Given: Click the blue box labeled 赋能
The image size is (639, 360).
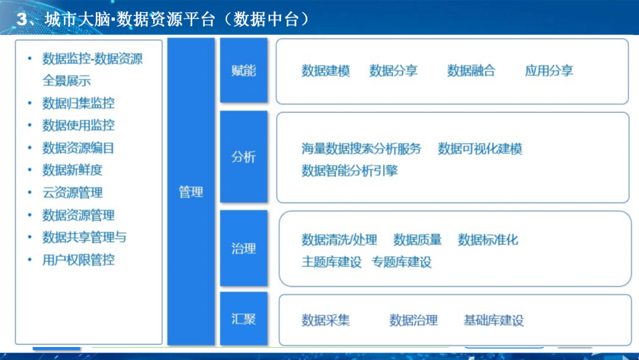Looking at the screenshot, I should [244, 70].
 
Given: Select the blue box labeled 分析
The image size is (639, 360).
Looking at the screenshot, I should [244, 157].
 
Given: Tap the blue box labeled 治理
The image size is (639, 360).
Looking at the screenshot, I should [244, 248].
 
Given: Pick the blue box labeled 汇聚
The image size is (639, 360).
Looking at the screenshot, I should [244, 319].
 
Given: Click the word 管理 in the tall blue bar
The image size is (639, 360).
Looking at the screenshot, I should [191, 192].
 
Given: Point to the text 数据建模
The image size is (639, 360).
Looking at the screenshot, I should [325, 71].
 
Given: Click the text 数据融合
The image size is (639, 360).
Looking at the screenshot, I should [471, 71].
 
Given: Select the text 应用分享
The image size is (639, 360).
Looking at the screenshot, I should [549, 71].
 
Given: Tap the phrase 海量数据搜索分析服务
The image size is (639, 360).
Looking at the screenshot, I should [362, 149].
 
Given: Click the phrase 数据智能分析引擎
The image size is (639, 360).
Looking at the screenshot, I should [350, 171].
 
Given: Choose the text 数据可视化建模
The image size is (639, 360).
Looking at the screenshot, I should [480, 149].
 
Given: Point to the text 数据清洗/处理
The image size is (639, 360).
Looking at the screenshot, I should [339, 240].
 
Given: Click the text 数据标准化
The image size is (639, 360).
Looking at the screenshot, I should [488, 240].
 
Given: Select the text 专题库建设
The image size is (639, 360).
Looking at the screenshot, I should [402, 262].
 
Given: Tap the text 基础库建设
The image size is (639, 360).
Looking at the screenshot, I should [493, 321].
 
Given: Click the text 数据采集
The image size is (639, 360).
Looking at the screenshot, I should [325, 320].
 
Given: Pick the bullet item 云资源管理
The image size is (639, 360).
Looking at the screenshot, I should [72, 192].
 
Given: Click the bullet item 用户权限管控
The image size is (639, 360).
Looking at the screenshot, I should [78, 259].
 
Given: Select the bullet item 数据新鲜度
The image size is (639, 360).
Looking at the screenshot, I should [72, 170].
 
